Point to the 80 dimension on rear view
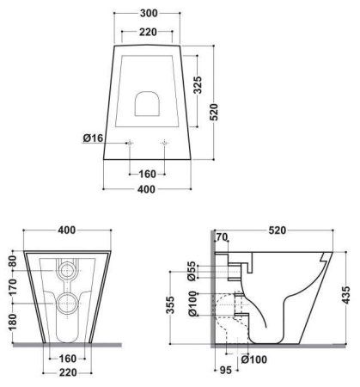(x=12, y=261)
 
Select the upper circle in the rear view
(x=68, y=270)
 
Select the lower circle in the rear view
(x=68, y=302)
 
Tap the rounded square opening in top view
(x=147, y=101)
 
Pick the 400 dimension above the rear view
(x=68, y=231)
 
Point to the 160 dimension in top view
(x=147, y=174)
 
